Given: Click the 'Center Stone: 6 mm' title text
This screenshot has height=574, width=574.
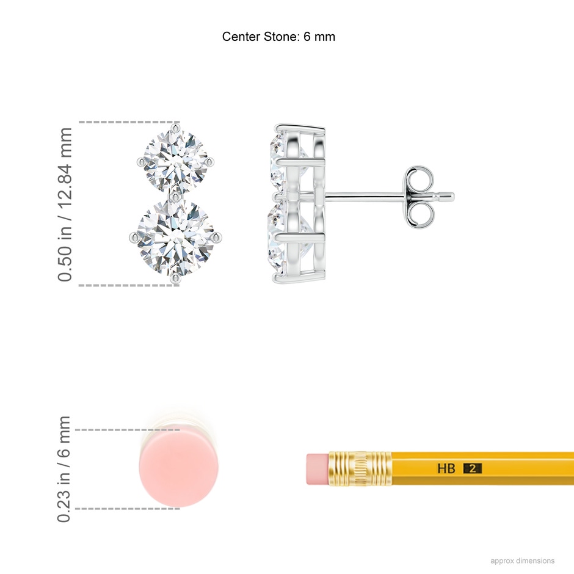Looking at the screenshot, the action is tap(278, 37).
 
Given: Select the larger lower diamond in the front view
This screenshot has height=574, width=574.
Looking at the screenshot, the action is tap(175, 237).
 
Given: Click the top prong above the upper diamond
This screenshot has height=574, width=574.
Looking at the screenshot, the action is tap(176, 128).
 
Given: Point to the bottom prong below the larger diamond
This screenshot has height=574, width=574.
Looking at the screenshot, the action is tap(176, 279).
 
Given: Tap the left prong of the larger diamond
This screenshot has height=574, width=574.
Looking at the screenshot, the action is tap(134, 237).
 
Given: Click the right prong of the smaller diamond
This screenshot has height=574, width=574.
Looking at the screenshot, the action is tap(210, 161).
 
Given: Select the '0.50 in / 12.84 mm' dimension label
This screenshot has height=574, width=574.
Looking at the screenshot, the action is tap(65, 205).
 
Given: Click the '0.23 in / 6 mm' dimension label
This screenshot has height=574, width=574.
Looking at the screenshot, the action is tap(64, 469).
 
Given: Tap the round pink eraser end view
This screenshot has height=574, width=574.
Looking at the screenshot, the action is tap(178, 469).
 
